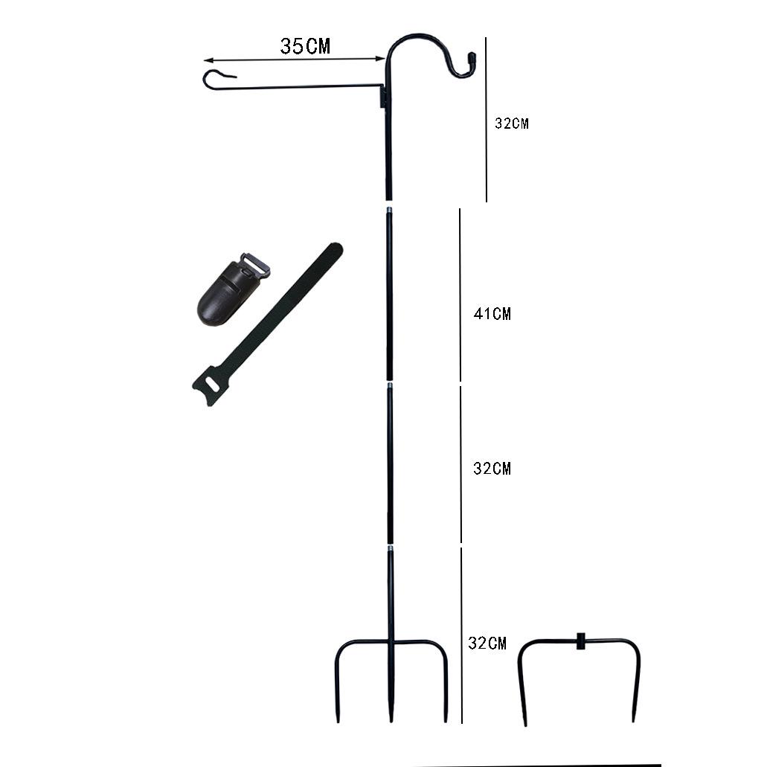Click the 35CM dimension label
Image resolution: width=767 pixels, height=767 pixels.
[x=305, y=46]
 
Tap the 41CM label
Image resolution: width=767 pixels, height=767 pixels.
[x=492, y=313]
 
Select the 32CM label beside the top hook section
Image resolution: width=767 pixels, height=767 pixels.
[x=512, y=123]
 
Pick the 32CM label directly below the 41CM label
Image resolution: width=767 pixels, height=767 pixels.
[x=492, y=469]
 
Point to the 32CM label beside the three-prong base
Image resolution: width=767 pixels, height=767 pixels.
[x=487, y=643]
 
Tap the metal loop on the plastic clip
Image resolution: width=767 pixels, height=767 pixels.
[x=255, y=265]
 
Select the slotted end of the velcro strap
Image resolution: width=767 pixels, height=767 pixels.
[x=211, y=385]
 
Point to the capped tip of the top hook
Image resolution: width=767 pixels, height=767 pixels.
[x=472, y=58]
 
